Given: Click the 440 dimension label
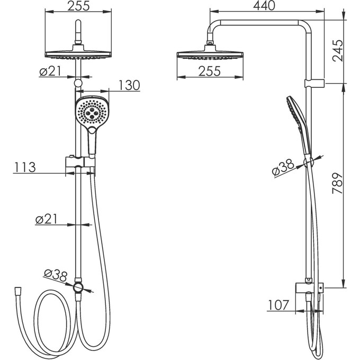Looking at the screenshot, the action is pyautogui.click(x=264, y=6).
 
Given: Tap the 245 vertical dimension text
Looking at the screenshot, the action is pyautogui.click(x=338, y=50).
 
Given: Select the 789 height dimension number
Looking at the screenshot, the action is pyautogui.click(x=338, y=184).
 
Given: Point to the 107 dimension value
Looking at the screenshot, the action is pyautogui.click(x=278, y=305).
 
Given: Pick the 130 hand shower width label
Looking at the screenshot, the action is pyautogui.click(x=129, y=85).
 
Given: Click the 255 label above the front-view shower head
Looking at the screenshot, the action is pyautogui.click(x=78, y=6).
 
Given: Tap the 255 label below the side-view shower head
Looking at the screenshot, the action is pyautogui.click(x=210, y=71).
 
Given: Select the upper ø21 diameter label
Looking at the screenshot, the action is pyautogui.click(x=50, y=71).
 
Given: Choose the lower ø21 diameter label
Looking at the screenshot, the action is pyautogui.click(x=47, y=219).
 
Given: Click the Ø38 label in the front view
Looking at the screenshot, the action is pyautogui.click(x=56, y=275).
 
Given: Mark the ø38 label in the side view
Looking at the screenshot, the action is pyautogui.click(x=283, y=167).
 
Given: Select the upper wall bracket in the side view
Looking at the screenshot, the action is pyautogui.click(x=314, y=83).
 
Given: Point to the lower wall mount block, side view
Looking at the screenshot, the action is pyautogui.click(x=309, y=287).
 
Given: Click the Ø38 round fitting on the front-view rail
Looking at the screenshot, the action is pyautogui.click(x=78, y=287).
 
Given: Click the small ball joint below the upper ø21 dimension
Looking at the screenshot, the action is pyautogui.click(x=78, y=83).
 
